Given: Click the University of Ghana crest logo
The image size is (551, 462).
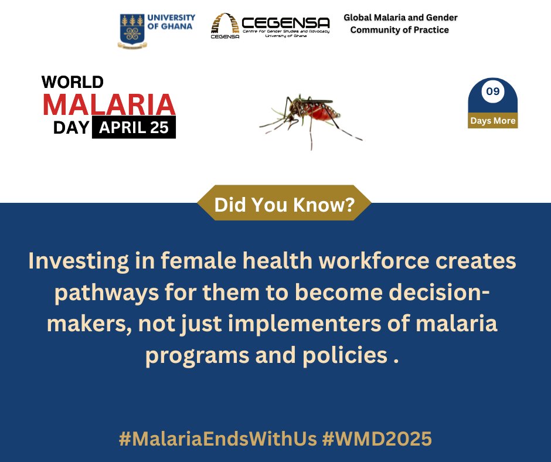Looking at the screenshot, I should (131, 30).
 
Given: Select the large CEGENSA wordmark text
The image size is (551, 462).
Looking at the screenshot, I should (285, 23).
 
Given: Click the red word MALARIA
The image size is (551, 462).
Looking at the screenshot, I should (109, 104).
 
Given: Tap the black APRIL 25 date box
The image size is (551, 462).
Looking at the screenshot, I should (134, 127).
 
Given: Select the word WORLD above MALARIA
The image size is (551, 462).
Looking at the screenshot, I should (73, 81).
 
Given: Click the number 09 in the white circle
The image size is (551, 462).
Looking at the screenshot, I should (492, 92).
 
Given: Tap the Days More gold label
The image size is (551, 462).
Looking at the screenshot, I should (492, 121).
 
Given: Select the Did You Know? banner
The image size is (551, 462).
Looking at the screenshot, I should (284, 205).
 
